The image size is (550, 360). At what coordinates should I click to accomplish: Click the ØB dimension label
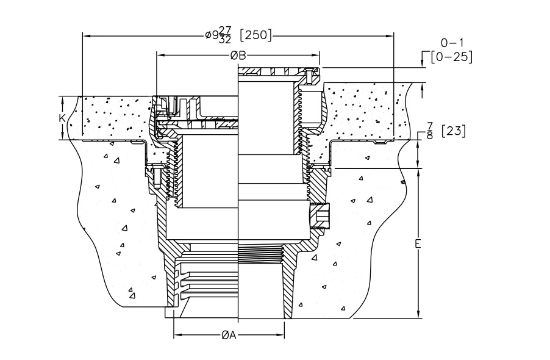(238, 56)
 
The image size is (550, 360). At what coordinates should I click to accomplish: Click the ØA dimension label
(229, 335)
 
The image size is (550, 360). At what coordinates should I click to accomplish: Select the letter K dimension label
(62, 118)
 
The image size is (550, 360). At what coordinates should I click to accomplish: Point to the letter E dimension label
(418, 243)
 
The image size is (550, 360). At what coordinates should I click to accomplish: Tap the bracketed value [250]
(255, 35)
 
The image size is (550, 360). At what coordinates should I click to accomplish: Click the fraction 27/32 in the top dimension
(225, 35)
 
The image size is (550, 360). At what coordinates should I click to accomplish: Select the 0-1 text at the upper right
(452, 43)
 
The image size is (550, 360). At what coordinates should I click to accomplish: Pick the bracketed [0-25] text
(452, 57)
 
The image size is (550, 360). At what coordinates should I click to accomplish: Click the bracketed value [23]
(454, 131)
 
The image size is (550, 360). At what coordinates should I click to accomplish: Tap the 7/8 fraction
(430, 131)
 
